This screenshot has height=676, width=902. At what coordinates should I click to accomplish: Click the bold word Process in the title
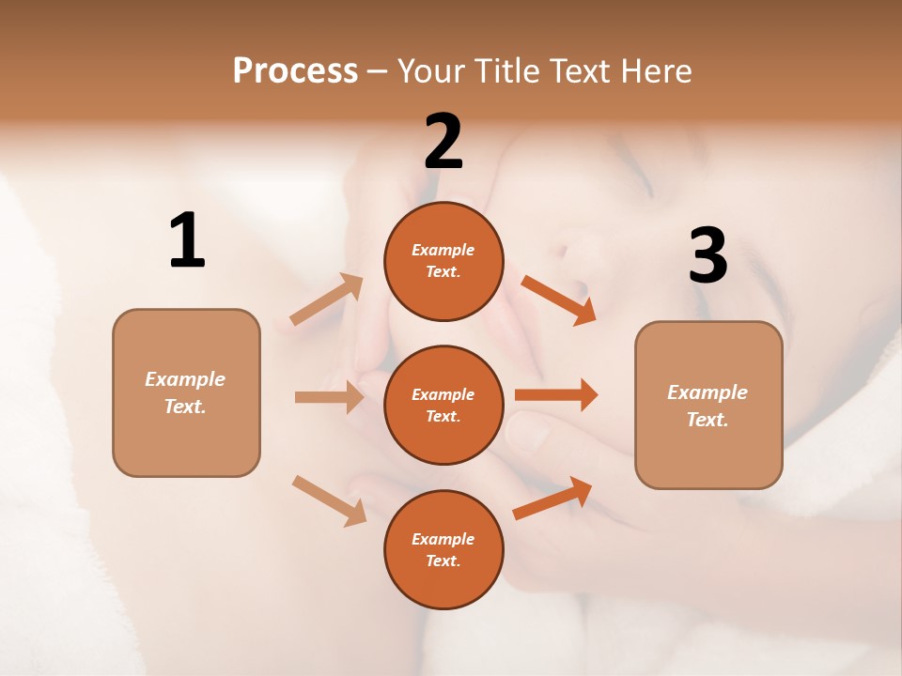(x=295, y=70)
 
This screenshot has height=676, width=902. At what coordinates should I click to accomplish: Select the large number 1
(x=187, y=240)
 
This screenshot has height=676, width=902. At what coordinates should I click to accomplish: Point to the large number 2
(x=443, y=142)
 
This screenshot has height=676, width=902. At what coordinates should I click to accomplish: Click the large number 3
(x=708, y=255)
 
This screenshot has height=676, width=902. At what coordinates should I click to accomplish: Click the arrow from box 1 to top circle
(x=327, y=300)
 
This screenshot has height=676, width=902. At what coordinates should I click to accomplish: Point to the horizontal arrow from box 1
(x=329, y=397)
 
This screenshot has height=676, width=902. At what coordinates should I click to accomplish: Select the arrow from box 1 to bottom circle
(x=329, y=499)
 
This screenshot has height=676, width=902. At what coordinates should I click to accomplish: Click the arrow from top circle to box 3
(x=558, y=300)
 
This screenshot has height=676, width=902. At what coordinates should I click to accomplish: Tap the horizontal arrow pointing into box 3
(x=556, y=395)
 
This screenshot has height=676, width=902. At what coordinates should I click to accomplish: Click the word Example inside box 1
(x=185, y=379)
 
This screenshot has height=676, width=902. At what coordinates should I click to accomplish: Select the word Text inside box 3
(x=706, y=420)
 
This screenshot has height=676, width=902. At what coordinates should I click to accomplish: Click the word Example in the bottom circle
(x=443, y=539)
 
